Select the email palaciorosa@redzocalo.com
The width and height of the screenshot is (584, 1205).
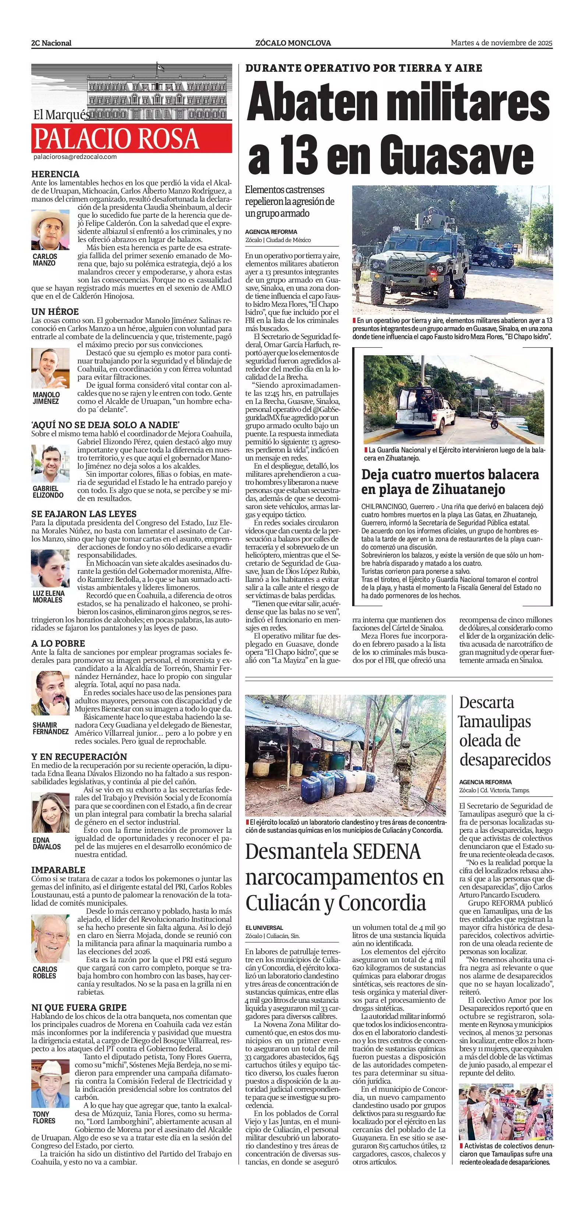pyautogui.click(x=75, y=157)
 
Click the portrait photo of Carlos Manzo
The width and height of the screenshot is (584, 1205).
pyautogui.click(x=50, y=230)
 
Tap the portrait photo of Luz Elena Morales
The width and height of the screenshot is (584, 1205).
pyautogui.click(x=50, y=568)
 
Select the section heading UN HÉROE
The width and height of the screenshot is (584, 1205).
pyautogui.click(x=55, y=312)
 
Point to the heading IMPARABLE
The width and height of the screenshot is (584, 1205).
pyautogui.click(x=59, y=870)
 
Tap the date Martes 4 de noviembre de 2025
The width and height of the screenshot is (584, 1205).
pyautogui.click(x=501, y=43)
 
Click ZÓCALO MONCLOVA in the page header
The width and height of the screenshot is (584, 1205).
pyautogui.click(x=293, y=43)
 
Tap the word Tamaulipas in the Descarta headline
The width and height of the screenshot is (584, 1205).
pyautogui.click(x=495, y=721)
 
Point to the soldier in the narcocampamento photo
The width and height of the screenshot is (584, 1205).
pyautogui.click(x=403, y=767)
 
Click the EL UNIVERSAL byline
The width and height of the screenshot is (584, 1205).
pyautogui.click(x=264, y=927)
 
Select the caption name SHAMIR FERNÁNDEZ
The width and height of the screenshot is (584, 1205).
pyautogui.click(x=50, y=728)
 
